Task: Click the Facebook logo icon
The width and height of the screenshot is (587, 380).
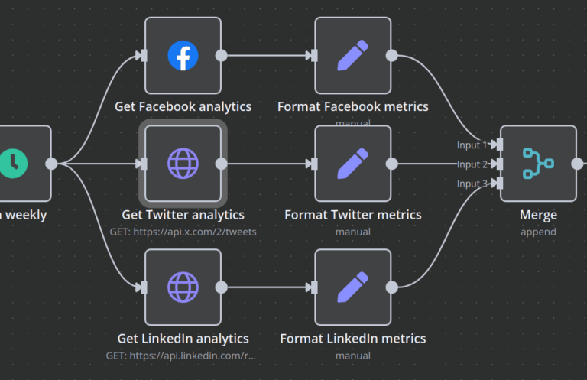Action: point(183,55)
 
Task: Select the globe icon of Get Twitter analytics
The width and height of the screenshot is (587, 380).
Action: point(183,164)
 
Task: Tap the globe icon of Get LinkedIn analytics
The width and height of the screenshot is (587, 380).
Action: point(183,287)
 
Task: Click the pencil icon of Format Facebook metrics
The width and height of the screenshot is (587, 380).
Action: point(353,55)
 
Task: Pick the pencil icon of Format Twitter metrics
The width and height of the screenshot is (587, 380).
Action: point(353,164)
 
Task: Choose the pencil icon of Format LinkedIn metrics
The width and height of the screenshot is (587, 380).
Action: point(353,287)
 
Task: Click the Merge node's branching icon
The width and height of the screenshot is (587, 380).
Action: point(538,164)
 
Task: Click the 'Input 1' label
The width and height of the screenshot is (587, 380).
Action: point(472,145)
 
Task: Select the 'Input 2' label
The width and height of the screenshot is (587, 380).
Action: point(472,164)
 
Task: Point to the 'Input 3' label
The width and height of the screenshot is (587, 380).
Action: point(472,184)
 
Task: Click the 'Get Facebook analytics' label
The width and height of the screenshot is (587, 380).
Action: point(183,107)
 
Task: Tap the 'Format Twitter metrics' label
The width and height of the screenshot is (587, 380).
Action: point(353,215)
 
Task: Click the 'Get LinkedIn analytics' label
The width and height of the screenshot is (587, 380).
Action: point(183,339)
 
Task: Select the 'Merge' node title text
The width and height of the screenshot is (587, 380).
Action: point(538,215)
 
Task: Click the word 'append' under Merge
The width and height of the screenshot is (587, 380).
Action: point(538,232)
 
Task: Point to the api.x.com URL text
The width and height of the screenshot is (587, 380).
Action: point(183,232)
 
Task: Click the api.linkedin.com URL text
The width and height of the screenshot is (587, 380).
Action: point(183,356)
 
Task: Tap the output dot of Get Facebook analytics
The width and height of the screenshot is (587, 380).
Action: point(222,55)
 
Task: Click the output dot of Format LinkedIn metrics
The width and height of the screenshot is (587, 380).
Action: point(391,287)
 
